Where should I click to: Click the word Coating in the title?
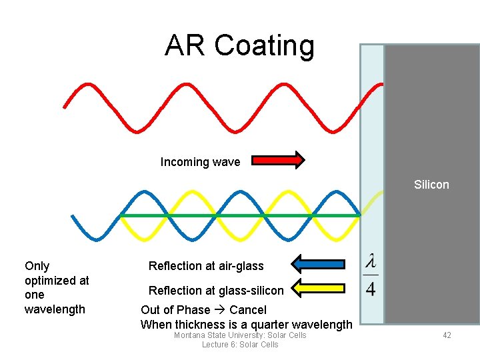(265, 45)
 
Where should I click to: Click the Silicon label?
(431, 185)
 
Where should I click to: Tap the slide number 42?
(447, 335)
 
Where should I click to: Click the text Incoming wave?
(200, 162)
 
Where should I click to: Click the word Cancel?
(247, 310)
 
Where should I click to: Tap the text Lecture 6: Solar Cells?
(240, 345)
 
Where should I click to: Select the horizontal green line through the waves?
(240, 215)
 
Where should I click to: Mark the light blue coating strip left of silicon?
(373, 133)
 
